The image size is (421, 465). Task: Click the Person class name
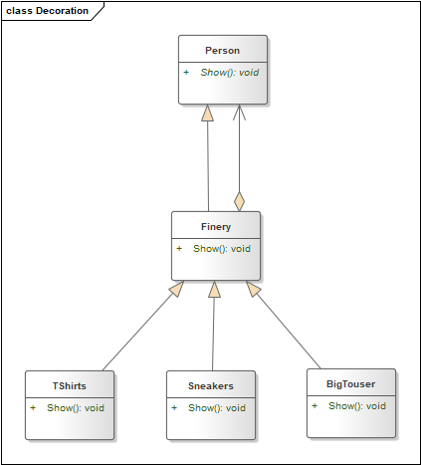point(222,51)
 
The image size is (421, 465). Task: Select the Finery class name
point(216,227)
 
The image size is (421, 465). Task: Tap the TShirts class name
point(70,386)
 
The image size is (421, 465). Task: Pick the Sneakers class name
point(211,386)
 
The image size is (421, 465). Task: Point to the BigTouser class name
point(351,384)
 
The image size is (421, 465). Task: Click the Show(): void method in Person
point(230,73)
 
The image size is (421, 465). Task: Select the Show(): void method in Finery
point(222,249)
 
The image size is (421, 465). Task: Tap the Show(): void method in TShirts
point(76,408)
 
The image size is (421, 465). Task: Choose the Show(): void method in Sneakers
point(217,408)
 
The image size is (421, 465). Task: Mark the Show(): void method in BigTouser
point(357,406)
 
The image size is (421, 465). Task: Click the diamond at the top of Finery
point(239,201)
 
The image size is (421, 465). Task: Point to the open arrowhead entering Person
point(239,113)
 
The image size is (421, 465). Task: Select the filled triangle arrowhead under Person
point(207,114)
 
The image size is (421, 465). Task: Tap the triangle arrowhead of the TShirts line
point(177,289)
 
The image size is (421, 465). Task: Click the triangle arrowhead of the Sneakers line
point(214,289)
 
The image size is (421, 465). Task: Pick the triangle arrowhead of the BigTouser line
point(253,289)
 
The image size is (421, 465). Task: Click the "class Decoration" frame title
point(47,11)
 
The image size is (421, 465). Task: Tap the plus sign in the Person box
point(186,72)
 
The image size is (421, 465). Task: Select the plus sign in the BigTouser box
point(315,405)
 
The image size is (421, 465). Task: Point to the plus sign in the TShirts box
point(33,407)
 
